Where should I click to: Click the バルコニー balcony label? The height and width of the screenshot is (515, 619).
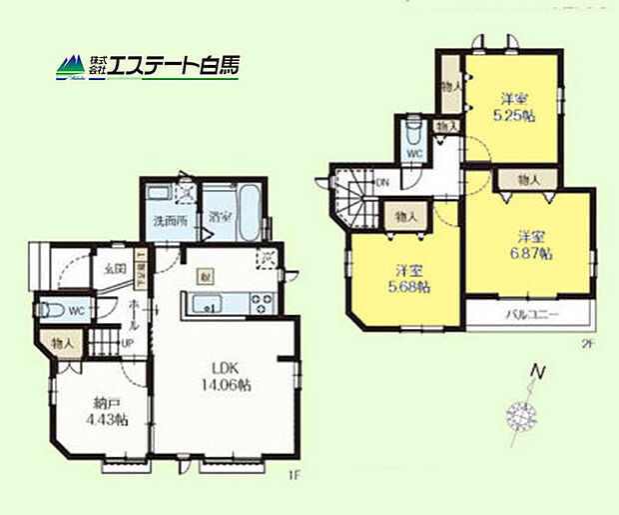point(529,316)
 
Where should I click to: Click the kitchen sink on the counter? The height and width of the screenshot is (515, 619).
point(204,304)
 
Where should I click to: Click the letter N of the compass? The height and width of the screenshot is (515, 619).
point(538,373)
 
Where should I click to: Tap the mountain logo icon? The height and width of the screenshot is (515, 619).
point(71,67)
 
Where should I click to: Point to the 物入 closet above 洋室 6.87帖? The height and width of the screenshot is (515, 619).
point(529,180)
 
